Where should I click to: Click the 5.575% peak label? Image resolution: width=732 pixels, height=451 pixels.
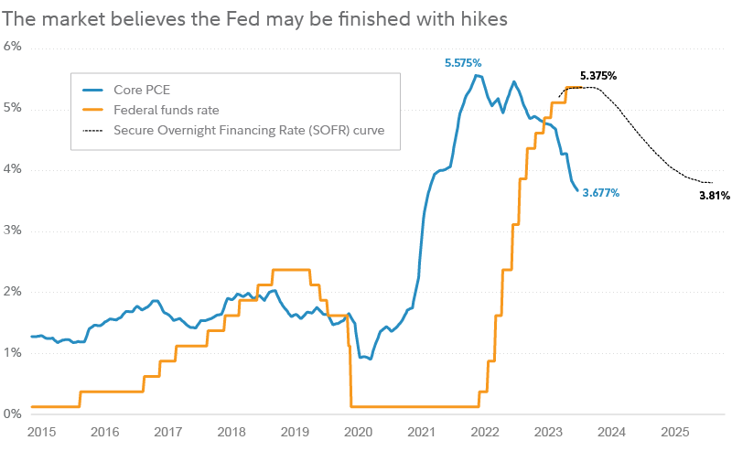coord(467,62)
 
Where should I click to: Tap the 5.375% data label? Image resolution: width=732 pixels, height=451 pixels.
coord(598,77)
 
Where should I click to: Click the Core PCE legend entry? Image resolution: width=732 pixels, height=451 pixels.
coord(141,91)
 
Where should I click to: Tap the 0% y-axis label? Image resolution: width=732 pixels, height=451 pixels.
coord(12,413)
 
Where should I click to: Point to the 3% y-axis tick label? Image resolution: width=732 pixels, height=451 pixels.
coord(12,231)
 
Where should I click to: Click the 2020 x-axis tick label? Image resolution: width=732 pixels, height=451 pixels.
coord(358,431)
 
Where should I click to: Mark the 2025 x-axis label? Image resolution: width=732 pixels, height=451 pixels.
coord(675,431)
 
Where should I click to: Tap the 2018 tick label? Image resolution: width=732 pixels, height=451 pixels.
coord(231,431)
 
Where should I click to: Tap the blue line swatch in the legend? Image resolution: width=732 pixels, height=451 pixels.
coord(93,91)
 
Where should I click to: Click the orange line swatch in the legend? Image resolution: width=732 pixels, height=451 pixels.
coord(93,111)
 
